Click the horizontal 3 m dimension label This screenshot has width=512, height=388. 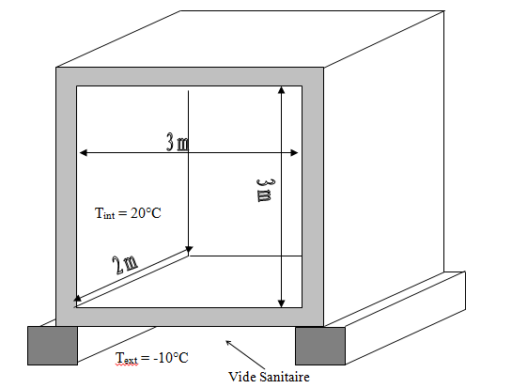coord(178,142)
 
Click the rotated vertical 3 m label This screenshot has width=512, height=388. coord(264,191)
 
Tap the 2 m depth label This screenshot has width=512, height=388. coord(125,265)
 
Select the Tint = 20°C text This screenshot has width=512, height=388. coord(128,213)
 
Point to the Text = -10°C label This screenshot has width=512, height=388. coord(152,358)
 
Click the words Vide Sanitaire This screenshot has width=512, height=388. coord(269,377)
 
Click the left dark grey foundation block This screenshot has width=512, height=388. coord(53,346)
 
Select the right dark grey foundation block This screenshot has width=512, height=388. coord(320,346)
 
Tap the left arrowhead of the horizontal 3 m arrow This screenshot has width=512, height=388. coord(84,152)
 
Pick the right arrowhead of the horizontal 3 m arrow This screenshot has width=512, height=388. coord(294,152)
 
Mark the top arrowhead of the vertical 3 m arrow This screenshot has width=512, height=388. coord(282,90)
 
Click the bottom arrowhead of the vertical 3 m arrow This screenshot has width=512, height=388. coord(282,303)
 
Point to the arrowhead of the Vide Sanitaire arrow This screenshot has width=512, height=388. coord(228,343)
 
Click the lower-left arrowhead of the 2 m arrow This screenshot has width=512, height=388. coord(77,298)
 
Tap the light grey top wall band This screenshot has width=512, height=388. coord(190,77)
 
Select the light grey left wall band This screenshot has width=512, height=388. coord(67,196)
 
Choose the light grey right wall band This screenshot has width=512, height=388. coord(313,196)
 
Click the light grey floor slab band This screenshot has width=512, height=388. coord(190,317)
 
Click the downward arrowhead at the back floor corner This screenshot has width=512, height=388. coord(189,250)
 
